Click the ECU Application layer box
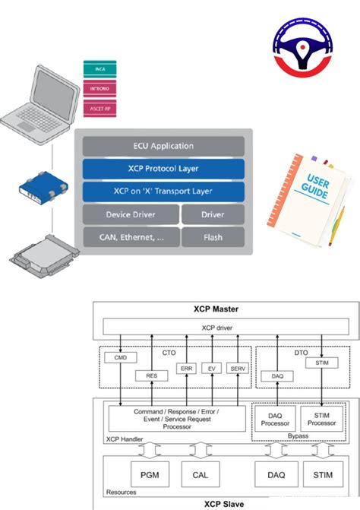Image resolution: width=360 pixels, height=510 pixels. point(163,146)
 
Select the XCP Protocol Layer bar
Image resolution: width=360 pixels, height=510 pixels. point(163,169)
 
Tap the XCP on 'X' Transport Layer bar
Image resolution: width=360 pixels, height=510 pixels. point(163,192)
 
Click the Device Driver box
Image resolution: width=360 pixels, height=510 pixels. point(130,215)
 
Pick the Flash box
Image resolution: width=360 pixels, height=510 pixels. point(213,237)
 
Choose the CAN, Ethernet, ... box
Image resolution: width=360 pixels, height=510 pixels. point(130,237)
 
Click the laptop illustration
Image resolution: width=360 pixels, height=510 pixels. point(41,98)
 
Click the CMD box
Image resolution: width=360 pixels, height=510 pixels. point(120,357)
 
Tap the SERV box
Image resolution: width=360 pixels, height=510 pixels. point(238,368)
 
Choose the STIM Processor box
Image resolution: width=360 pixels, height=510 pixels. point(322,420)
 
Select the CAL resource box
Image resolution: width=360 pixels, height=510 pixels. point(200,475)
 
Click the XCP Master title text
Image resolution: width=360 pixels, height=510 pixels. point(221,310)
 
